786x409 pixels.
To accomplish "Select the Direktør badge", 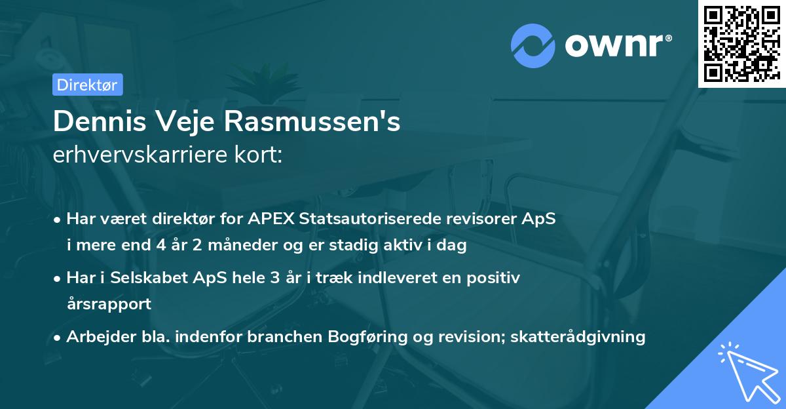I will tap(88, 85).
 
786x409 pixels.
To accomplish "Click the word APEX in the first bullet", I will tap(270, 219).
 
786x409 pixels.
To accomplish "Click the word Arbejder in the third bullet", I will tap(97, 337).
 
